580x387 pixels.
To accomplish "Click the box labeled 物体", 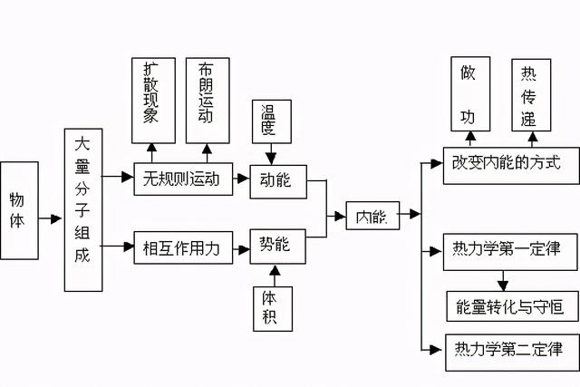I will coord(19,211).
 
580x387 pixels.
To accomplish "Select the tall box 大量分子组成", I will coord(82,210).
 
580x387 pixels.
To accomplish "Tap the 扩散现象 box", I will coord(151,99).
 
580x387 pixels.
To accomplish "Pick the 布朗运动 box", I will coord(206,99).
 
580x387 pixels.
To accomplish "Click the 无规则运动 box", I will coord(182,179).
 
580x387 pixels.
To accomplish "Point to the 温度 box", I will coord(269,121).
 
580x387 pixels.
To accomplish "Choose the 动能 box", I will coord(277,179).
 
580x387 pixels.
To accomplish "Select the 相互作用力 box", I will coord(182,247).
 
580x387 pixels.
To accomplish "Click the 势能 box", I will coord(277,247).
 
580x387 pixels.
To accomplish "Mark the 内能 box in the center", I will coord(372,216).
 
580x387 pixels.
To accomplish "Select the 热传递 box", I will coord(530,95).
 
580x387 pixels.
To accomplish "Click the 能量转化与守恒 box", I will coord(512,306).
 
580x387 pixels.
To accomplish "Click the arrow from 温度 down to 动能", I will coord(269,154).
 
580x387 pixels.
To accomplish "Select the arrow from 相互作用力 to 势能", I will coord(240,247).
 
